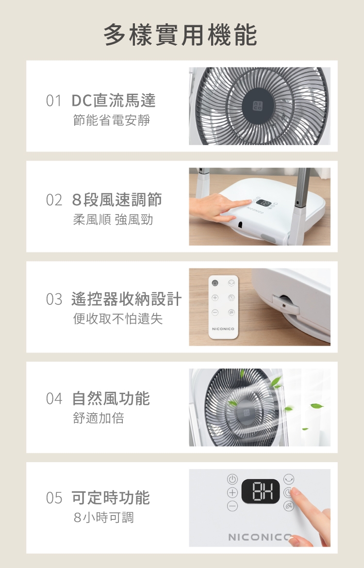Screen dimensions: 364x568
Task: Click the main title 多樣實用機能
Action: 181,35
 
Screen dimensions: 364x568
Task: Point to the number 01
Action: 53,100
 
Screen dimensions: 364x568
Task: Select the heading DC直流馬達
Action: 114,100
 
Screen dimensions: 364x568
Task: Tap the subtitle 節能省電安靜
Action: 112,120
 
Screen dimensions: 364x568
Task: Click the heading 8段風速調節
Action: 116,200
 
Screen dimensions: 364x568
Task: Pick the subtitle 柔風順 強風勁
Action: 113,219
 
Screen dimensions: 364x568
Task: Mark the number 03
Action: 54,300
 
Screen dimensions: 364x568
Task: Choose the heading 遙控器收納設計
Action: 126,299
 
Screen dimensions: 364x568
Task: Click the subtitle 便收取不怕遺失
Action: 118,319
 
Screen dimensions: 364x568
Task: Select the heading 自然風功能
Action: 111,399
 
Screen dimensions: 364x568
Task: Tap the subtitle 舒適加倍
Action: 99,418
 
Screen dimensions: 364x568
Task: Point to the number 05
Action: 54,498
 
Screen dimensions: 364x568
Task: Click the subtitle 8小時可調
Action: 103,518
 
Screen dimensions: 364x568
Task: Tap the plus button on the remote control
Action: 215,298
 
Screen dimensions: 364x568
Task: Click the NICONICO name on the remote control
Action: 223,329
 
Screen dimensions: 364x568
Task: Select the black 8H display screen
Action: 261,491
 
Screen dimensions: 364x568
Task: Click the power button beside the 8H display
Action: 232,479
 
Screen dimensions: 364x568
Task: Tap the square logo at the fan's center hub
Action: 258,106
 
